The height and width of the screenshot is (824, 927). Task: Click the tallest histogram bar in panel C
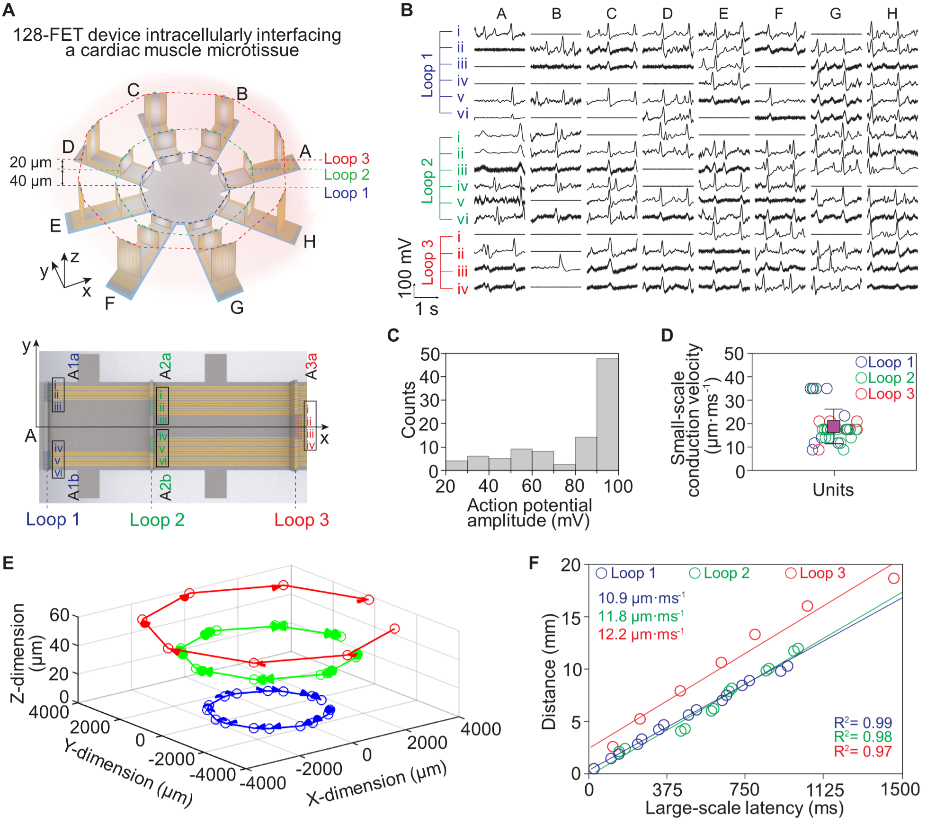[x=607, y=414]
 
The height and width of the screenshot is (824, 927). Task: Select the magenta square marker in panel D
[x=834, y=426]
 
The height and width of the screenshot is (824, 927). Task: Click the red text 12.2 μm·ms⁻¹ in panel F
[x=641, y=634]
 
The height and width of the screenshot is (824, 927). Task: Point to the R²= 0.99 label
[x=863, y=723]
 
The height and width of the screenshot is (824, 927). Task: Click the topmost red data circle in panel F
[x=894, y=578]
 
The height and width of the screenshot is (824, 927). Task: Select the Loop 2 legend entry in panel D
[x=884, y=378]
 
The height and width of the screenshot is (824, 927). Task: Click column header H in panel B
[x=892, y=14]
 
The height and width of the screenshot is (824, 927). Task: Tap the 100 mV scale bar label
[x=405, y=268]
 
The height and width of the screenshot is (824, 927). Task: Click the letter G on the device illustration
[x=237, y=308]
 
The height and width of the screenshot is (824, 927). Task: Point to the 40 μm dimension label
[x=31, y=181]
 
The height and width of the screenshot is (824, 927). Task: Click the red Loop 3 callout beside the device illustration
[x=347, y=159]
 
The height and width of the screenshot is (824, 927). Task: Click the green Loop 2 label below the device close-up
[x=157, y=520]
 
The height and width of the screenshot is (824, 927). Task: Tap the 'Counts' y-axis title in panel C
[x=408, y=410]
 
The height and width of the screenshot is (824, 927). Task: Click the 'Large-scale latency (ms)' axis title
[x=744, y=808]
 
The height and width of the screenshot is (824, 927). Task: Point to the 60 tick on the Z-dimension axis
[x=60, y=615]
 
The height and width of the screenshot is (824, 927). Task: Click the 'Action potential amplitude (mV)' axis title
[x=529, y=513]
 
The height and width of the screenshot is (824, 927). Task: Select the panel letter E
[x=8, y=563]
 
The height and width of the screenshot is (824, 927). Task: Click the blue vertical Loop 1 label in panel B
[x=428, y=75]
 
